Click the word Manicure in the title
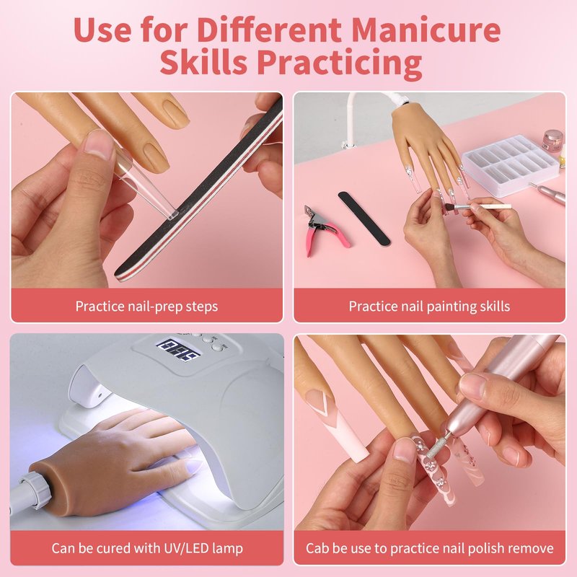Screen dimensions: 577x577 (426, 30)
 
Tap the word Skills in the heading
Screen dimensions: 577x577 (203, 61)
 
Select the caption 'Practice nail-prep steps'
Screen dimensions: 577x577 (147, 306)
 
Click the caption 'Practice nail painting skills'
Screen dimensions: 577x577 (429, 306)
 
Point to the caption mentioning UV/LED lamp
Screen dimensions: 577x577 (147, 548)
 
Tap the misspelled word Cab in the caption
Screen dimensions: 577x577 (317, 548)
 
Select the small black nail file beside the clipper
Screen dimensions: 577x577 (364, 218)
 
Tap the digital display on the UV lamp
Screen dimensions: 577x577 (178, 351)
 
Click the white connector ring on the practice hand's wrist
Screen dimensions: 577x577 (35, 490)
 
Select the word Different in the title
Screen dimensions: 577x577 (270, 30)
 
